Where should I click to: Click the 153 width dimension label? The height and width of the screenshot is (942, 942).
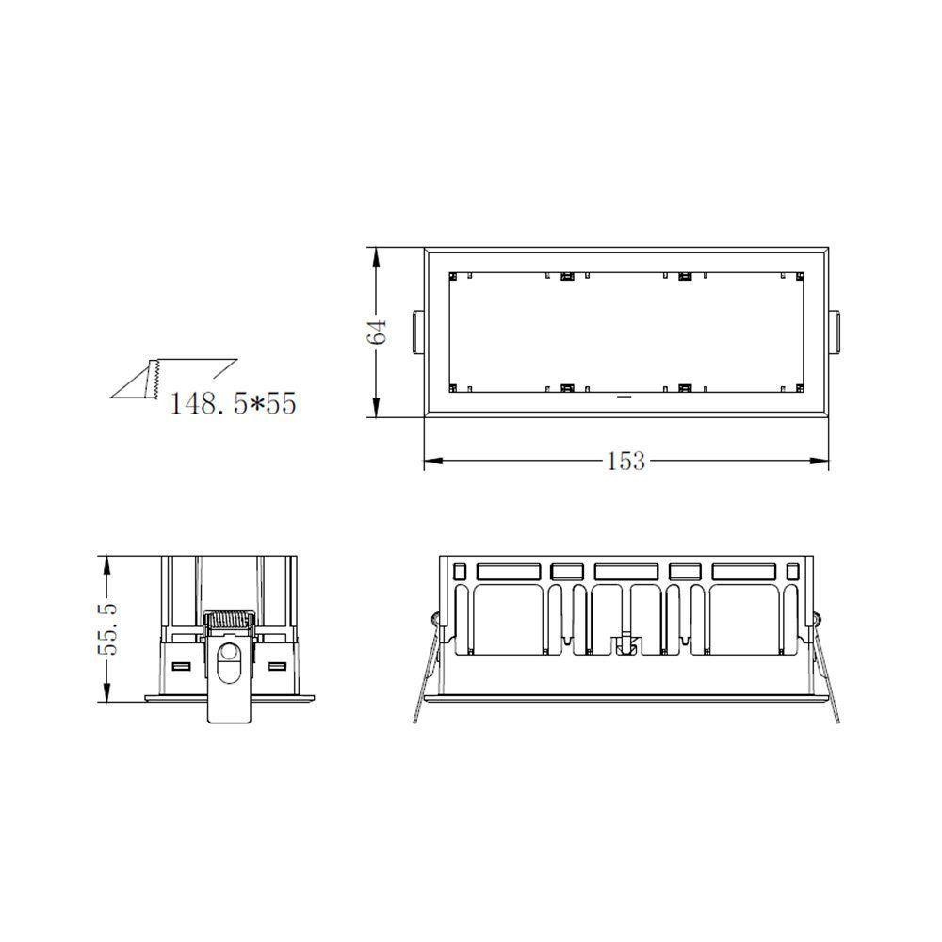click(x=625, y=461)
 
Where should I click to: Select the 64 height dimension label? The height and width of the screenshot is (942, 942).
click(x=377, y=331)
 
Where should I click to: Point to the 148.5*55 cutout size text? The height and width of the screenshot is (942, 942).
click(x=234, y=403)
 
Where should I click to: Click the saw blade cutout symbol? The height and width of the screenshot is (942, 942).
click(x=152, y=378)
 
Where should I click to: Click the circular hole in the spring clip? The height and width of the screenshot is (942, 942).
click(x=228, y=651)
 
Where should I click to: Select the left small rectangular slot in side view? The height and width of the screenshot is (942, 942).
click(x=181, y=667)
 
